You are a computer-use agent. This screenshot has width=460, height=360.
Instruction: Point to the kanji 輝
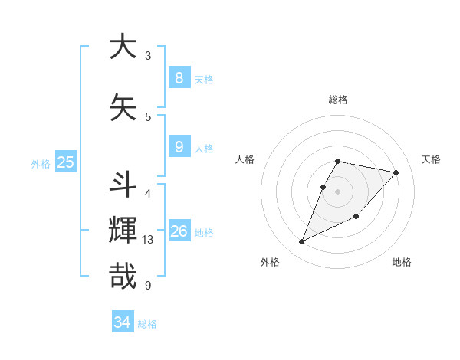click(123, 231)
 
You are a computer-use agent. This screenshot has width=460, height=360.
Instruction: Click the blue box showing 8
click(179, 77)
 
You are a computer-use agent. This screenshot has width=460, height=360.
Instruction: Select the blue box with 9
click(179, 146)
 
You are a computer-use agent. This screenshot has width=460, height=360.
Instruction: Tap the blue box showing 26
click(179, 231)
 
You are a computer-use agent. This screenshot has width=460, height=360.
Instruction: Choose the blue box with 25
click(65, 162)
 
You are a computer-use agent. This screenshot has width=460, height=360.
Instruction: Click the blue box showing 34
click(122, 322)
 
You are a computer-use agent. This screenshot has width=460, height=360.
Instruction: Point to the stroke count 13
click(149, 240)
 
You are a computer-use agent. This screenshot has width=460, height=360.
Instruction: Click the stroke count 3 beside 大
click(148, 55)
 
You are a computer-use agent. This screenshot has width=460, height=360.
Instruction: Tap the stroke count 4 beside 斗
click(148, 193)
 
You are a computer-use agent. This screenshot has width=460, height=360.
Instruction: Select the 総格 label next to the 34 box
click(147, 324)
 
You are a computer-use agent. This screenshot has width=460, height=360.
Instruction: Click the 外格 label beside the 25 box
click(41, 163)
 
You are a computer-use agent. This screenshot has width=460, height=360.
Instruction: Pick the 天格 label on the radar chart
click(431, 159)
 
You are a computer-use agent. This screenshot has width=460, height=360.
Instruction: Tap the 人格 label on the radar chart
click(245, 159)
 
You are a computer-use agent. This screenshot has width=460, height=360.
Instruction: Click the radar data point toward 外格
click(301, 242)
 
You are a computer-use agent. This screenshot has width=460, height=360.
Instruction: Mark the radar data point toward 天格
click(396, 172)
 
